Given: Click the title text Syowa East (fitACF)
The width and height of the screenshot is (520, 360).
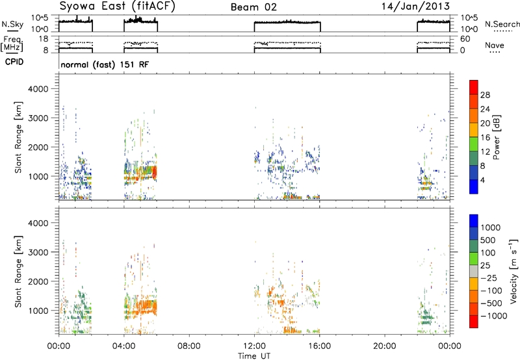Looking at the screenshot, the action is point(117,6).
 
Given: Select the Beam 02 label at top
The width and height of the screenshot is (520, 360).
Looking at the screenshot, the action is point(253,7).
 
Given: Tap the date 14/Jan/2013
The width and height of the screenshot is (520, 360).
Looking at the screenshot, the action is point(415,6).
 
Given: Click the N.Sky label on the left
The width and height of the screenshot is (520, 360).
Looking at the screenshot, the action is point(12,24).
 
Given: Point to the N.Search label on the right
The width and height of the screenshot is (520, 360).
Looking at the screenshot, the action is point(502,24).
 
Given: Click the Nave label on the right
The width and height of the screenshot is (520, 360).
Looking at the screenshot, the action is point(495,45).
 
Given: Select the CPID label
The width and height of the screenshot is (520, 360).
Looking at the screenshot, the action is point(14,62).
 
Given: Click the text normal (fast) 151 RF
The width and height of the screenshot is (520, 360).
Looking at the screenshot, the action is point(105,64).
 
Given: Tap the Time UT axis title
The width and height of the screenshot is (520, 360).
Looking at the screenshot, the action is point(254,356).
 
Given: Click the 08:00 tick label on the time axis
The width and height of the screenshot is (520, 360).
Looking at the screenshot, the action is point(189,346).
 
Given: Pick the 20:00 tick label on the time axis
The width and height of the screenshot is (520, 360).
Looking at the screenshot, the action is point(384,346).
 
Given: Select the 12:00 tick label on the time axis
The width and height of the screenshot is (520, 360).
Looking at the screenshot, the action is point(254,346).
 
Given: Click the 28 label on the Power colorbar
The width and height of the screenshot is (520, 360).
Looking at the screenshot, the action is point(485,95).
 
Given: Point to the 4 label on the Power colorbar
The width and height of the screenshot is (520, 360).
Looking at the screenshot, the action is point(483,180).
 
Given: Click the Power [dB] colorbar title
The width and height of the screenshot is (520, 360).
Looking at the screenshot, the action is point(497,137).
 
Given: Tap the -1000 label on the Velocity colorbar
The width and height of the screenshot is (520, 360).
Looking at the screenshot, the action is point(494,316).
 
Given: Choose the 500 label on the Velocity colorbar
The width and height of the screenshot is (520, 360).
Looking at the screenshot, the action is point(488,240).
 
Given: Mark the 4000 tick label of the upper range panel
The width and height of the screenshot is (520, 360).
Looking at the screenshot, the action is point(38,89).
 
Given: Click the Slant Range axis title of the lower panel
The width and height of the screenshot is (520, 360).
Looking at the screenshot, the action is point(18,272).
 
